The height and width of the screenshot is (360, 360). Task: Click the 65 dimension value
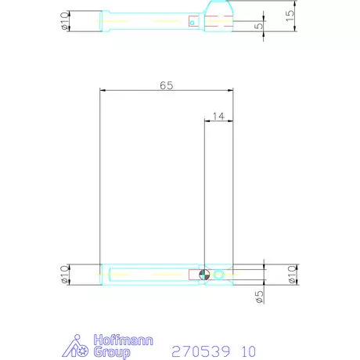pos(167,85)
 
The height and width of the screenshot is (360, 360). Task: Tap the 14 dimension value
pos(218,116)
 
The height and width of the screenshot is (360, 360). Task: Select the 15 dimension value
pos(290,16)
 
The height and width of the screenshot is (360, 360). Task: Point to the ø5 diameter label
pos(260,297)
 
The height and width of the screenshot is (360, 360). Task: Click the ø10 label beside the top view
pos(64,21)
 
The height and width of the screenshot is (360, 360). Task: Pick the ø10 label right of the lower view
pos(292,275)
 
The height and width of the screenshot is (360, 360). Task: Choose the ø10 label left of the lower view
pos(64,275)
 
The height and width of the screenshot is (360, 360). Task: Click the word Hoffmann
pos(123,340)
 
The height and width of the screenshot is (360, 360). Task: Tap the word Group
pos(112,352)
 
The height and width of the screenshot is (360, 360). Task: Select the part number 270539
pos(201,351)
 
